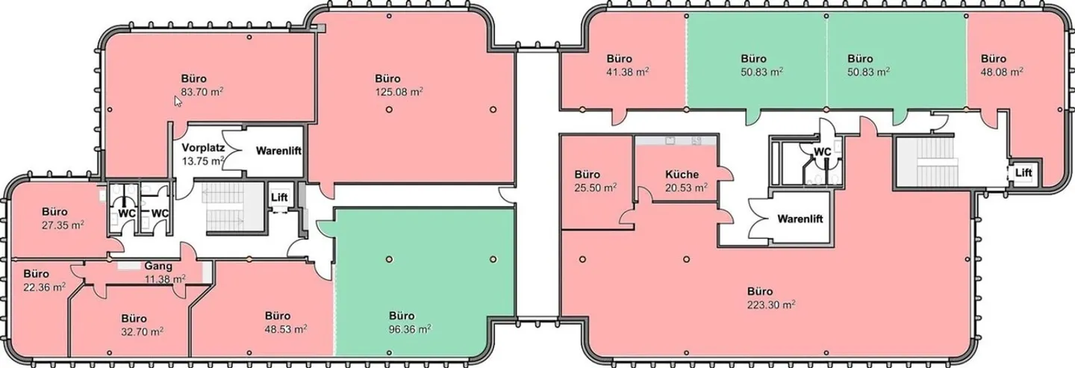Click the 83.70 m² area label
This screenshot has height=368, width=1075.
[202, 92]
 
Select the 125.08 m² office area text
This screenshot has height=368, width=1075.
[399, 92]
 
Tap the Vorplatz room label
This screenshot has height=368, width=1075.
[203, 148]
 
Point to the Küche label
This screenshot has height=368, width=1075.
[682, 174]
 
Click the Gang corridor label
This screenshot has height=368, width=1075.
[158, 266]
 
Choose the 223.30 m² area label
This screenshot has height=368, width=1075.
[771, 305]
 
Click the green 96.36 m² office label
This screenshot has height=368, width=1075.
[410, 329]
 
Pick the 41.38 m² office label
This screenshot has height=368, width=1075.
[628, 72]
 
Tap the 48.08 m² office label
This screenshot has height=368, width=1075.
[1002, 72]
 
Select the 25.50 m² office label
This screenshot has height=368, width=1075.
[596, 187]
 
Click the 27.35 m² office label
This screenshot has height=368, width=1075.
[63, 225]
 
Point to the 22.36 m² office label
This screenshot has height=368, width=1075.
[44, 287]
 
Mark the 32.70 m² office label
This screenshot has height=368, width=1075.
[142, 331]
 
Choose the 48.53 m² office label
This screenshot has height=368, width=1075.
[286, 329]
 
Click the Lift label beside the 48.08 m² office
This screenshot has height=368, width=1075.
[1023, 172]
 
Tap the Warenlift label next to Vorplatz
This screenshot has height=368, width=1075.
[279, 151]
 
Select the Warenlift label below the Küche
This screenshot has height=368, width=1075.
[800, 219]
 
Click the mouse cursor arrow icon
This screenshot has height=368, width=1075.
[178, 102]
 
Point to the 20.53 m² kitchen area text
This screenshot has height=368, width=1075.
[686, 187]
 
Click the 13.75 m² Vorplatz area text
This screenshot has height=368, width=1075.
[204, 161]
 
